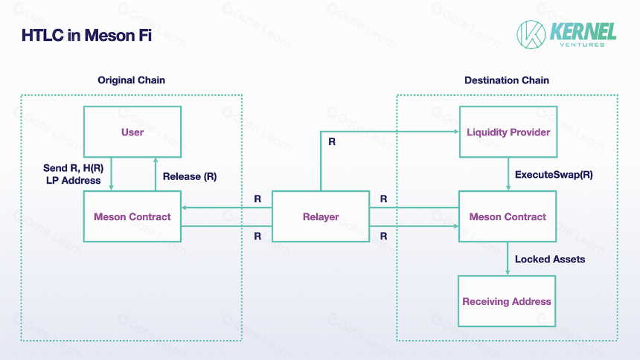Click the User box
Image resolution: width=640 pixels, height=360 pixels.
(132, 132)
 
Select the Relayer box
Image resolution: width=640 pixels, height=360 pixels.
(321, 216)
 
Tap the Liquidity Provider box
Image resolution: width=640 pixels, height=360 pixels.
(508, 132)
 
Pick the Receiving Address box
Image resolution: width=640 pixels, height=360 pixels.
(507, 301)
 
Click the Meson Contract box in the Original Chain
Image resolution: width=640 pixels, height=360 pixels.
(132, 216)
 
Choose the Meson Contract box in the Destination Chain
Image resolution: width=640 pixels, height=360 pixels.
(508, 216)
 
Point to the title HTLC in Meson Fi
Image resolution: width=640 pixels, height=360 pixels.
(86, 36)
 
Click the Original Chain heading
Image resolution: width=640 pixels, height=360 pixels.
(132, 80)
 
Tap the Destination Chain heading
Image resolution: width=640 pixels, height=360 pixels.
(507, 80)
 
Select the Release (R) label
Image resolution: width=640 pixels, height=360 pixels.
(190, 176)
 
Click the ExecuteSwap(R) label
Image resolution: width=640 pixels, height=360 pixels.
(554, 175)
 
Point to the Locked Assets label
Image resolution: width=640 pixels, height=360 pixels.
(550, 259)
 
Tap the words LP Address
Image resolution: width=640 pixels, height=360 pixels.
(74, 181)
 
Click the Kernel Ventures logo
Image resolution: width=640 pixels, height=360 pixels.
(566, 35)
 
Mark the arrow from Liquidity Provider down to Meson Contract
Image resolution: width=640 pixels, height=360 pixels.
(508, 174)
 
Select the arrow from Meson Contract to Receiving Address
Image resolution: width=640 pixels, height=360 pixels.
(508, 259)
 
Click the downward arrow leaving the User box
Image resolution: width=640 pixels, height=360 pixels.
(111, 174)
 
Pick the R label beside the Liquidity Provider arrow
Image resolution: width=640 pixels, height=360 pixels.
(332, 141)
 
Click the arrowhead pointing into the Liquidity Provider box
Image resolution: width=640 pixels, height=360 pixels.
(457, 132)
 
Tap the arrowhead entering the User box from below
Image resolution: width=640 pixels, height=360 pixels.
(156, 161)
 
